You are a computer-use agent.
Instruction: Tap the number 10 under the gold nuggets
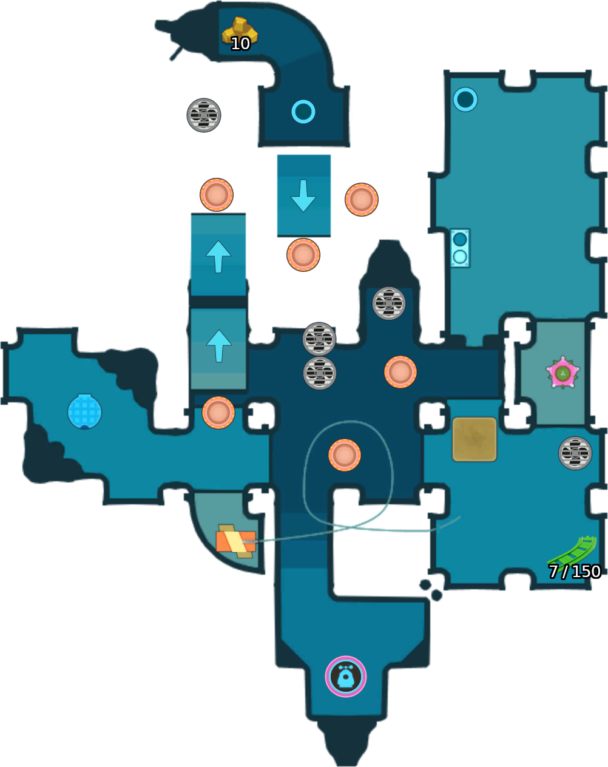[x=240, y=44]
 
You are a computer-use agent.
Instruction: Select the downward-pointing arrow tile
[x=303, y=195]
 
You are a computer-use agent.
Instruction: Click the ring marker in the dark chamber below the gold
[x=303, y=112]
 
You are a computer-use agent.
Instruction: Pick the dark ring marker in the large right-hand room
[x=465, y=99]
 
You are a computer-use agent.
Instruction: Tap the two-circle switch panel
[x=460, y=248]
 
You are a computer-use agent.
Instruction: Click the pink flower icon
[x=562, y=373]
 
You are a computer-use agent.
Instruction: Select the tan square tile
[x=475, y=439]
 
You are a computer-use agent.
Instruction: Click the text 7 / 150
[x=575, y=572]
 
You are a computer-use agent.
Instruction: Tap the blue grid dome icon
[x=84, y=411]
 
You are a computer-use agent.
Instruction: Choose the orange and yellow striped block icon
[x=235, y=541]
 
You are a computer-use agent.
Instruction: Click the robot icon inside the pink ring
[x=346, y=677]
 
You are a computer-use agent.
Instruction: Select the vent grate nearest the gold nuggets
[x=204, y=115]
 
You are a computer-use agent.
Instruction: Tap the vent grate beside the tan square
[x=575, y=453]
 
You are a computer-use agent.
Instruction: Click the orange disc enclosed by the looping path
[x=345, y=455]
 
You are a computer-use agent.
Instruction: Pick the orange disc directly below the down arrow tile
[x=303, y=255]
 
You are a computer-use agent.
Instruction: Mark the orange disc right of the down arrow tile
[x=362, y=200]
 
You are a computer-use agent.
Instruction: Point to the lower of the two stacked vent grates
[x=320, y=373]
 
